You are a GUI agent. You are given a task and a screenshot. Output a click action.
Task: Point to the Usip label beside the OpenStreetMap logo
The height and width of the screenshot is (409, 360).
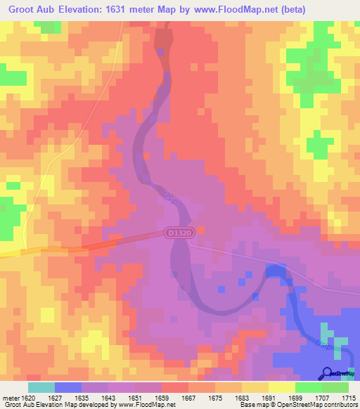click(x=323, y=346)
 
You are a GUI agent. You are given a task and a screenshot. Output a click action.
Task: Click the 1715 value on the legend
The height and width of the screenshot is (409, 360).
click(x=347, y=398)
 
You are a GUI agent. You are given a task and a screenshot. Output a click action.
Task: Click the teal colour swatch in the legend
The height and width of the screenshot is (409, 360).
click(x=41, y=387)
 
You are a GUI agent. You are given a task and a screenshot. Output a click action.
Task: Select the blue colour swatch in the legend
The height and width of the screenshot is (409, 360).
click(x=68, y=387)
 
